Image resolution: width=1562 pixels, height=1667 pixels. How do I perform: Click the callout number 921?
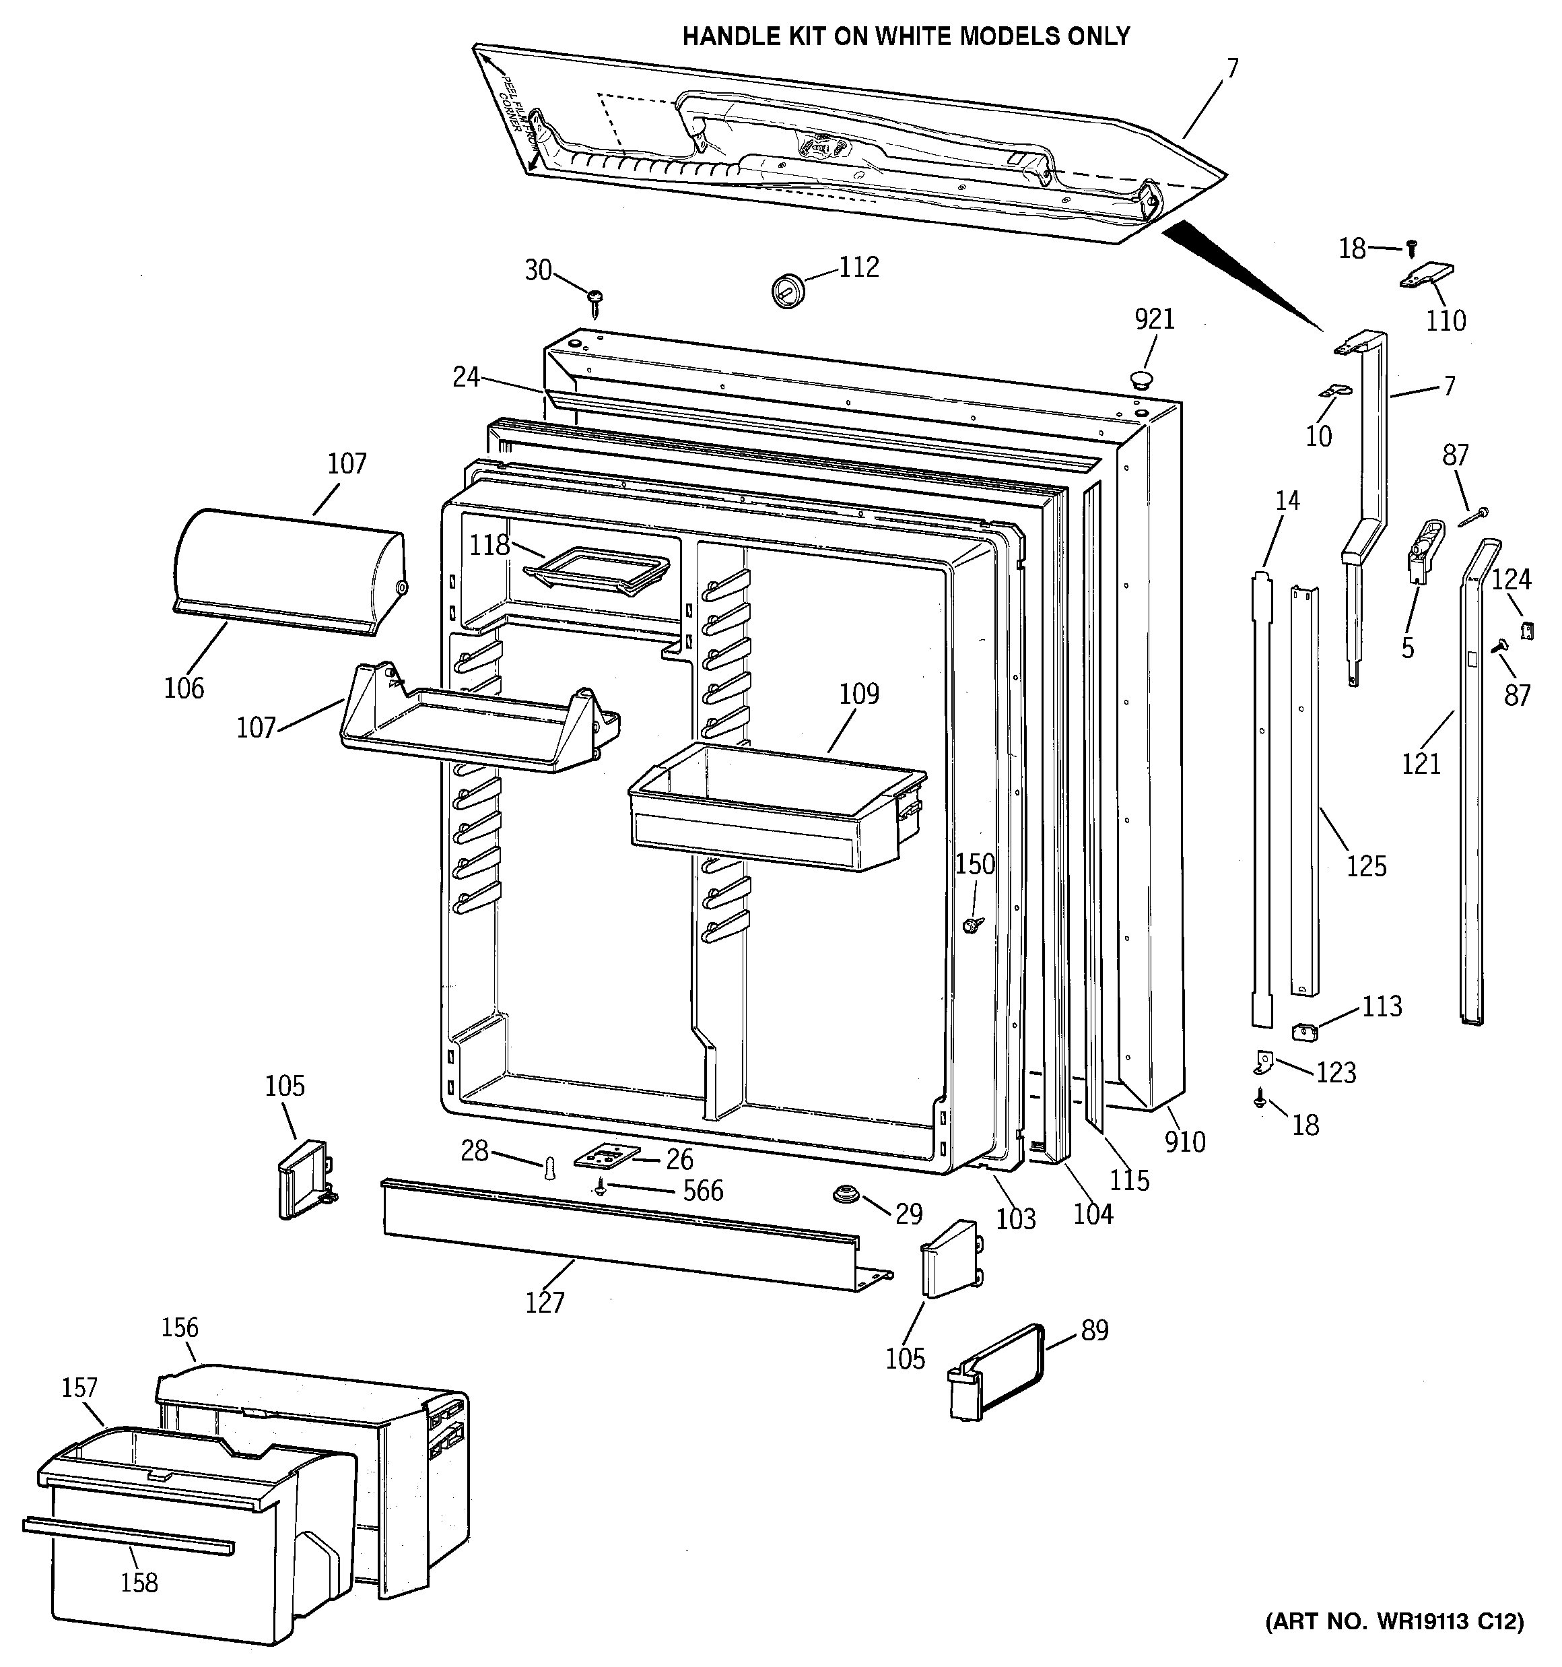(1155, 319)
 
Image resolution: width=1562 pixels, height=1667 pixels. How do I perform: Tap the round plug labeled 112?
(787, 290)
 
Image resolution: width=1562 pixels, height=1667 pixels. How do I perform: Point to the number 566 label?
(703, 1190)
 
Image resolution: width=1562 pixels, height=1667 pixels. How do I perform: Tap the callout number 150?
(975, 863)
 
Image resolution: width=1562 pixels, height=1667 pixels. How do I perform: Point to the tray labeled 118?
(595, 570)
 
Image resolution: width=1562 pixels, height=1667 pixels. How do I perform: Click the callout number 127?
(545, 1302)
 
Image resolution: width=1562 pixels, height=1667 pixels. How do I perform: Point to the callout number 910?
(1185, 1141)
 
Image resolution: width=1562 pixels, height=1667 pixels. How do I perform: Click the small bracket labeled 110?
(1427, 277)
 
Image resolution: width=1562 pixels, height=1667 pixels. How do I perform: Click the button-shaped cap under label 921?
(1141, 380)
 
